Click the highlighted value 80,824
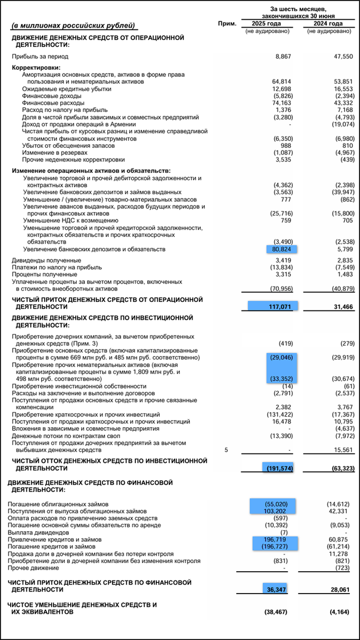click(282, 249)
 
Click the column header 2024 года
click(329, 24)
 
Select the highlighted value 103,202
click(279, 511)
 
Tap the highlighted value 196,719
click(279, 539)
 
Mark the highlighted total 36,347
click(281, 590)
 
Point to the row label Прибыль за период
click(40, 56)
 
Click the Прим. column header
click(227, 24)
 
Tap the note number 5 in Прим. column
click(226, 450)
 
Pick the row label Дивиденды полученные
click(47, 260)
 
